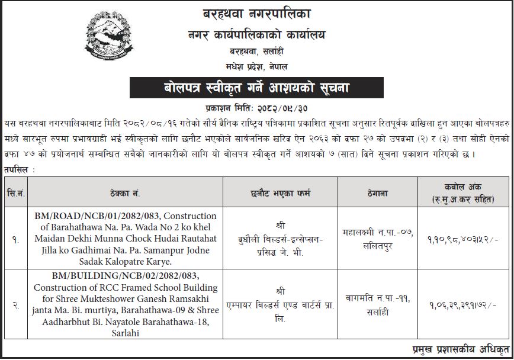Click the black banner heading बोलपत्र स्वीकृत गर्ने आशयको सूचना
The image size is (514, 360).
256,89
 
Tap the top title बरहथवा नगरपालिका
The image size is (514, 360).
256,12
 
